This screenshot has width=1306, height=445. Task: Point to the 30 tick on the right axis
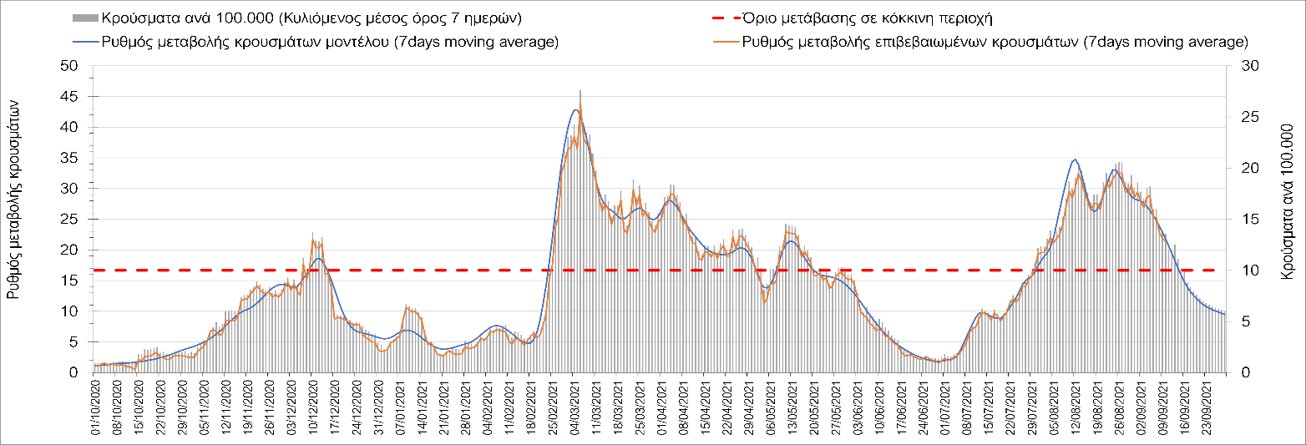(x=1239, y=66)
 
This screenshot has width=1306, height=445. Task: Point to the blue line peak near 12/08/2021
(x=1076, y=159)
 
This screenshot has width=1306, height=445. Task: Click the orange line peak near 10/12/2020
(x=313, y=240)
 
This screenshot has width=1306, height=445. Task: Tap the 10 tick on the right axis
(x=1239, y=271)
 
